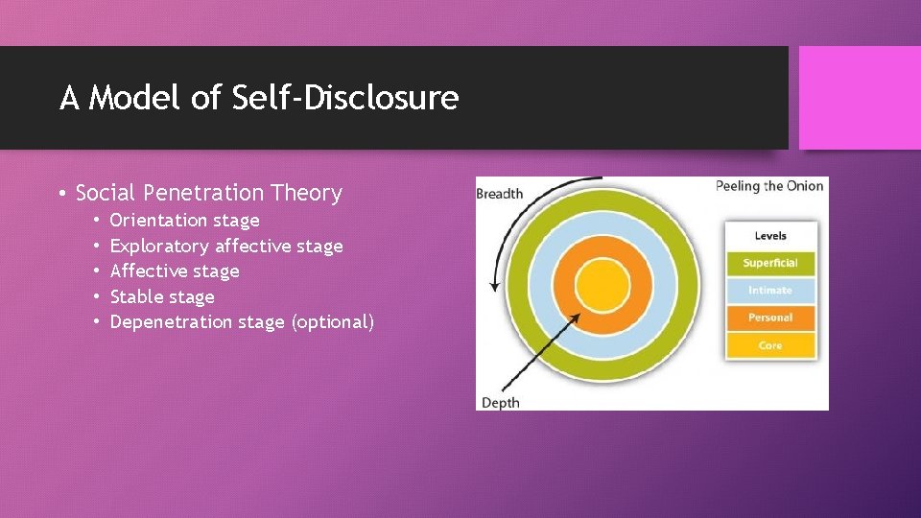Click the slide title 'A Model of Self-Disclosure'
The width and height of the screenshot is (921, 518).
[x=259, y=98]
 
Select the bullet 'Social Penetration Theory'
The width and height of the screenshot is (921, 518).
[x=208, y=193]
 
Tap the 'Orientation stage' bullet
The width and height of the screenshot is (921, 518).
[x=184, y=221]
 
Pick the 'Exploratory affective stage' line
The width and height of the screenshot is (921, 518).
[x=226, y=247]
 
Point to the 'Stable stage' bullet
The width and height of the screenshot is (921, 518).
[x=162, y=296]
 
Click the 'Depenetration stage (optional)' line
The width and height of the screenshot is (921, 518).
[x=242, y=322]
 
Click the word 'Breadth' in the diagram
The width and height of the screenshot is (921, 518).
[x=500, y=194]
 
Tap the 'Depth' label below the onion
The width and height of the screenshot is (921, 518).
[x=500, y=402]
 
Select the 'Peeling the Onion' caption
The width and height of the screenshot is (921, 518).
[x=769, y=186]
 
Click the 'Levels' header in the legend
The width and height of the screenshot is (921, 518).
[x=770, y=235]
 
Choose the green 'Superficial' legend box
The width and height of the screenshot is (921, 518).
[x=770, y=263]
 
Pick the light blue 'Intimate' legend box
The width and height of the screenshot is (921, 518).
[x=770, y=290]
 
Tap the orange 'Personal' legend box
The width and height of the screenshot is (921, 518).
[x=770, y=318]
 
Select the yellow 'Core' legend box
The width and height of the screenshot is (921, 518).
[x=770, y=345]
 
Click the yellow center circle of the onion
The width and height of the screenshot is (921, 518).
[x=602, y=286]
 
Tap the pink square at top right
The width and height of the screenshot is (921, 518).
[x=859, y=98]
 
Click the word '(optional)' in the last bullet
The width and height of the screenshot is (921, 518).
[x=332, y=322]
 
